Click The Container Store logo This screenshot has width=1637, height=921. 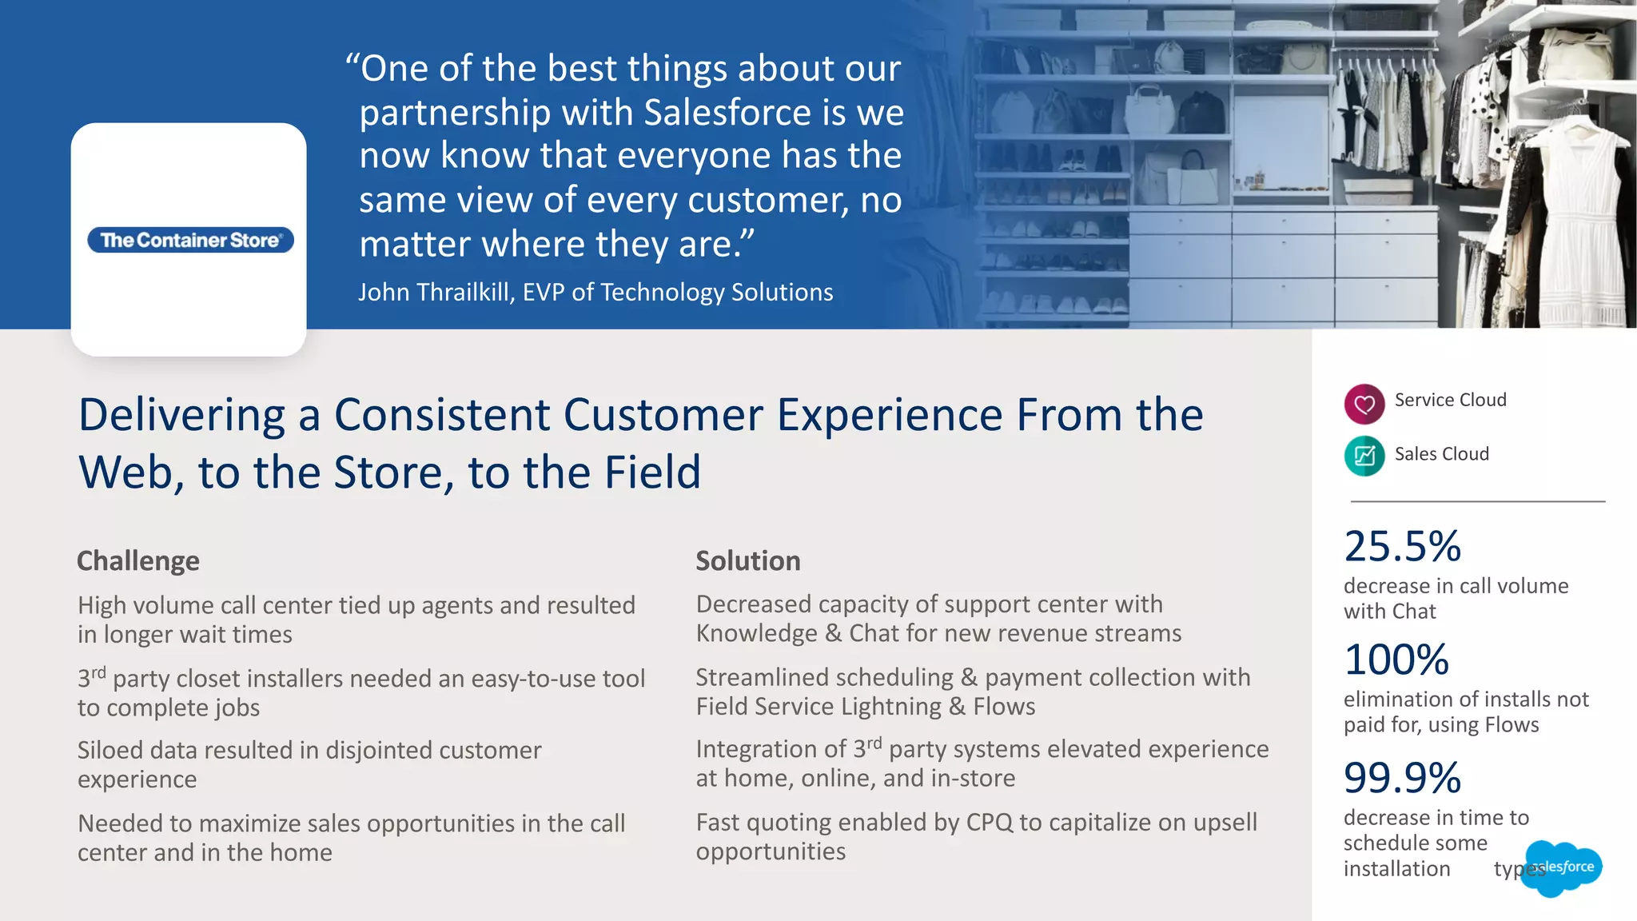coord(190,240)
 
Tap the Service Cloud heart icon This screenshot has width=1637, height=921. coord(1364,404)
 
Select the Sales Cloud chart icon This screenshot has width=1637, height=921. coord(1364,456)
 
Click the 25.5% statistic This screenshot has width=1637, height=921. coord(1402,547)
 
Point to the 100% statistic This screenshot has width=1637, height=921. coord(1396,660)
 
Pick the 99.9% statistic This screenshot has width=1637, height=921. coord(1402,778)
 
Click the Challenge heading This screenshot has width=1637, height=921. coord(137,561)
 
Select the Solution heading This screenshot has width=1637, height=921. coord(747,561)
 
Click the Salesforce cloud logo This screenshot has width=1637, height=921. coord(1563,867)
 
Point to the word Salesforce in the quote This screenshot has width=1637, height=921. coord(727,113)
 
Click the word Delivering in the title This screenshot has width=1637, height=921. coord(181,416)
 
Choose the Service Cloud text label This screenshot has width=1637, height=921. coord(1450,400)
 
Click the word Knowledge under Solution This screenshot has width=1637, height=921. coord(756,634)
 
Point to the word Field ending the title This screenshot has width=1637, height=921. coord(652,472)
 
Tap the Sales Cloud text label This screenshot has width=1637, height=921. coord(1441,454)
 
